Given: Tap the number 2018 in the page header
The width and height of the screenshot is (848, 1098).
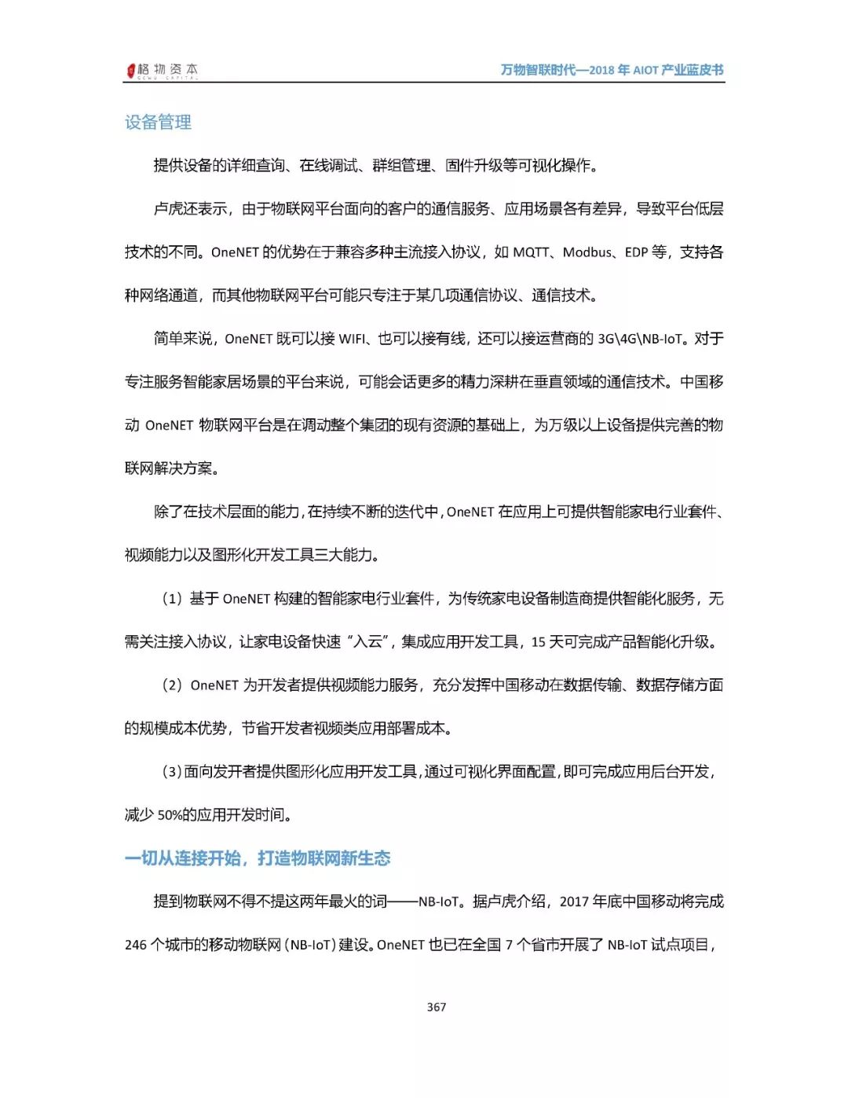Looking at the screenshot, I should [x=601, y=70].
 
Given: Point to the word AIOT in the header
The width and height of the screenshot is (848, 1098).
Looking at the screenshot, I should [x=645, y=70].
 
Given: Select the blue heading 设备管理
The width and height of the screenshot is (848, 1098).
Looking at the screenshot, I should [x=158, y=122].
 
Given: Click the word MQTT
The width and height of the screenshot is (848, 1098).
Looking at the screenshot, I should [x=531, y=252].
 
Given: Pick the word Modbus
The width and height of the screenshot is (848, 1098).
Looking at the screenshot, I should [x=587, y=252].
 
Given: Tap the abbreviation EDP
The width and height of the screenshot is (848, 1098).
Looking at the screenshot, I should [x=636, y=252].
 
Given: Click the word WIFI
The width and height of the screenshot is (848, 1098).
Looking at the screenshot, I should [x=352, y=339].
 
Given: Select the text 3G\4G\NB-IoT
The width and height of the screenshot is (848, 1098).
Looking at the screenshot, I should [x=640, y=339].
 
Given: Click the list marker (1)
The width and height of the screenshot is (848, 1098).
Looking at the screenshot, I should [x=172, y=599].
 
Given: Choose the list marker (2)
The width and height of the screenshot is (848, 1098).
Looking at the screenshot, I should [x=172, y=685].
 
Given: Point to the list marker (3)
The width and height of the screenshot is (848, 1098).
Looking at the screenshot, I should [x=172, y=772].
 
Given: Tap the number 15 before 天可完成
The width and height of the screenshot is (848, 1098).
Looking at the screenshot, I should [x=538, y=642].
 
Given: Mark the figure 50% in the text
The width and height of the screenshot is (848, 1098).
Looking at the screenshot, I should [x=170, y=815].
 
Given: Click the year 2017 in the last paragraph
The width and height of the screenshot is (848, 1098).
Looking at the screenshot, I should [x=574, y=902].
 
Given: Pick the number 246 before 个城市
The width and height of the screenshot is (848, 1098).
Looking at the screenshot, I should [x=135, y=945].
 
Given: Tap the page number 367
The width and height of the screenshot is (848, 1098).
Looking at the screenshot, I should [x=437, y=1007].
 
